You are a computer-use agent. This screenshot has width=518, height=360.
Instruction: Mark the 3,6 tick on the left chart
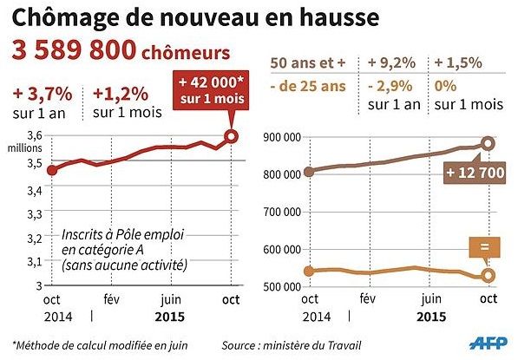pyautogui.click(x=34, y=135)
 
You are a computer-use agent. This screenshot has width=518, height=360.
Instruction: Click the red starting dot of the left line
pyautogui.click(x=51, y=169)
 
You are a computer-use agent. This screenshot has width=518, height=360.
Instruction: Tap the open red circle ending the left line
pyautogui.click(x=231, y=135)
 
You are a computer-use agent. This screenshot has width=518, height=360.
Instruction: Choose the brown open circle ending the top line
pyautogui.click(x=488, y=143)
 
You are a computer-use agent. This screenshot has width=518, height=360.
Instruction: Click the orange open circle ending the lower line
pyautogui.click(x=488, y=275)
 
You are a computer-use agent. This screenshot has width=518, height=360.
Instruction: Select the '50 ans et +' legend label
pyautogui.click(x=306, y=63)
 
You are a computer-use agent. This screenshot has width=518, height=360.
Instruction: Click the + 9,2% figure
pyautogui.click(x=392, y=63)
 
